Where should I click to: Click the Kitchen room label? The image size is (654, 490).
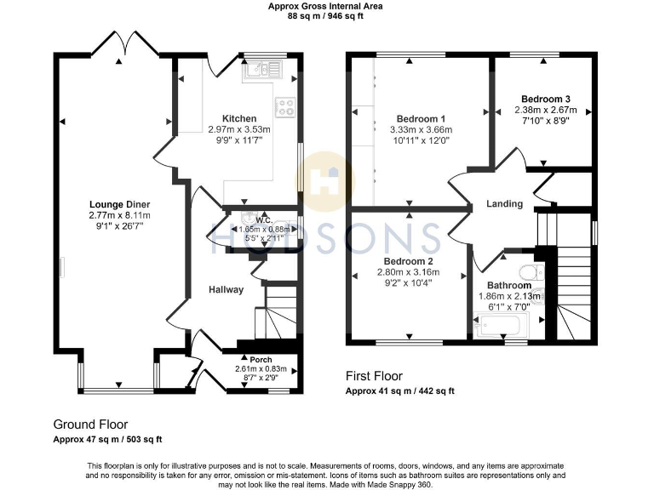point(239,118)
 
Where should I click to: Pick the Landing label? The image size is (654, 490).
point(504,204)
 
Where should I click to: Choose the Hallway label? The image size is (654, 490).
point(227,289)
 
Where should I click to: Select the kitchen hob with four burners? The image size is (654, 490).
point(284,107)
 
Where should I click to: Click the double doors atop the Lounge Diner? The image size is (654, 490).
point(122,42)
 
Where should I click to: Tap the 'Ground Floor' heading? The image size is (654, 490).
point(90,424)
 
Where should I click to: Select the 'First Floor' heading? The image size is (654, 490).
point(374,375)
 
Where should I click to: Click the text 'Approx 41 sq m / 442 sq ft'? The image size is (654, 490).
point(399,391)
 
